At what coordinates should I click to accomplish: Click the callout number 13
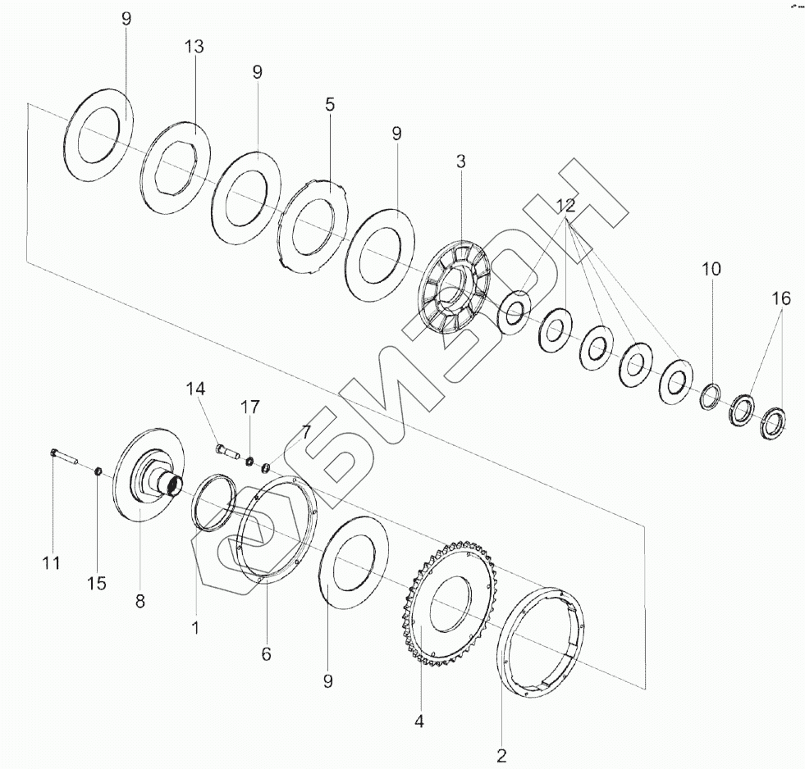pyautogui.click(x=194, y=47)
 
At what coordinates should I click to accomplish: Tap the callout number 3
pyautogui.click(x=460, y=162)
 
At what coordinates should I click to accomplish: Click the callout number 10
pyautogui.click(x=711, y=269)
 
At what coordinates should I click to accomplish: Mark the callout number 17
pyautogui.click(x=250, y=407)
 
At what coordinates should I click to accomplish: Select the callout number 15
pyautogui.click(x=97, y=583)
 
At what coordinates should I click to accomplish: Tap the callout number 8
pyautogui.click(x=140, y=601)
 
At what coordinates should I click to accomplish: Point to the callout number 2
pyautogui.click(x=502, y=753)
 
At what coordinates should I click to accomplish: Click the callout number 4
pyautogui.click(x=419, y=722)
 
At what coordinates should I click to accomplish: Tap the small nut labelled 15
pyautogui.click(x=96, y=471)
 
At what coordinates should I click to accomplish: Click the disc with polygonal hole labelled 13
pyautogui.click(x=175, y=169)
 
